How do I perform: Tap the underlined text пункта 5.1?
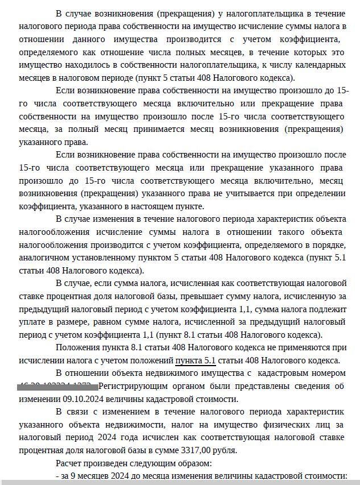pos(196,360)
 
